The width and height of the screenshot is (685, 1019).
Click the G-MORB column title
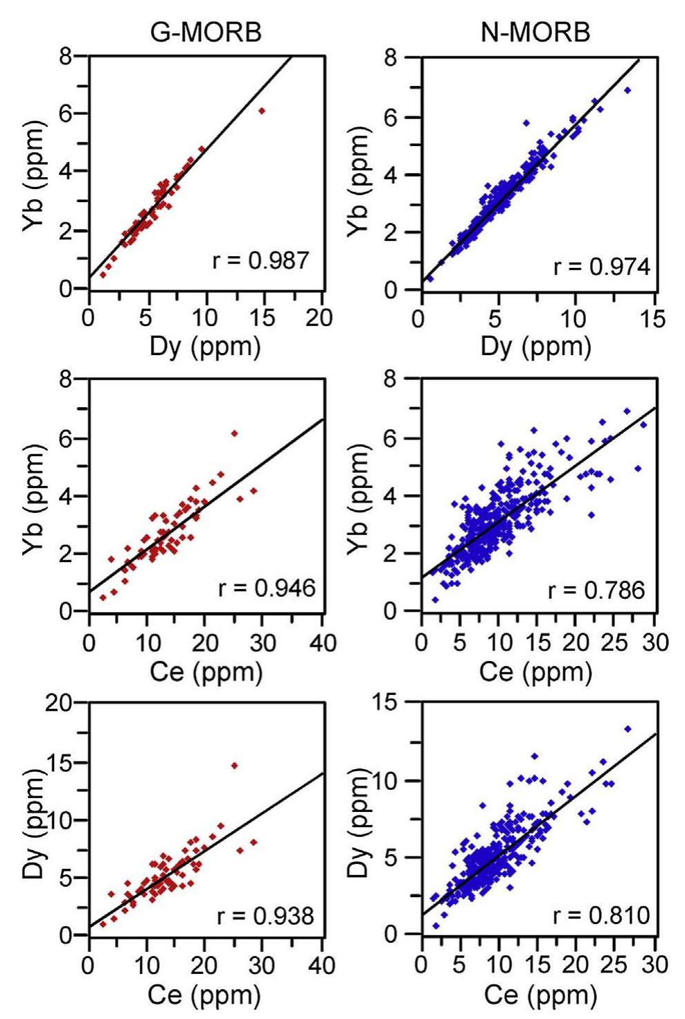coord(206,32)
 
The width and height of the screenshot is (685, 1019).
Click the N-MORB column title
coord(535,32)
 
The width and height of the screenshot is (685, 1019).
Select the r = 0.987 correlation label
coord(260,260)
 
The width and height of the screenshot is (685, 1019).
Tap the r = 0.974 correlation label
coord(601,267)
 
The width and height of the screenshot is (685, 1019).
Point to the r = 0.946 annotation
coord(266,588)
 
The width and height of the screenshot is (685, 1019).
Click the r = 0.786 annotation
coord(596,590)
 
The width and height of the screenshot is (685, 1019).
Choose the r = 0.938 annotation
coord(265,916)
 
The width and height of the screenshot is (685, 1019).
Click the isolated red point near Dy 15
coord(262,111)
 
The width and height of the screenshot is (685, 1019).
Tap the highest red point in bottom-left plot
coord(234,766)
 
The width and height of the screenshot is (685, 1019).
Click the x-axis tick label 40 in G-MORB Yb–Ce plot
coord(322,643)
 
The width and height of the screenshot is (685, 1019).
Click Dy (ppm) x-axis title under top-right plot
coord(535,346)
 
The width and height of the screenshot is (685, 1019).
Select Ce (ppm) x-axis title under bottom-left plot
coord(204,995)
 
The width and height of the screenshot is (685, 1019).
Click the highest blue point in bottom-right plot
coord(628,729)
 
